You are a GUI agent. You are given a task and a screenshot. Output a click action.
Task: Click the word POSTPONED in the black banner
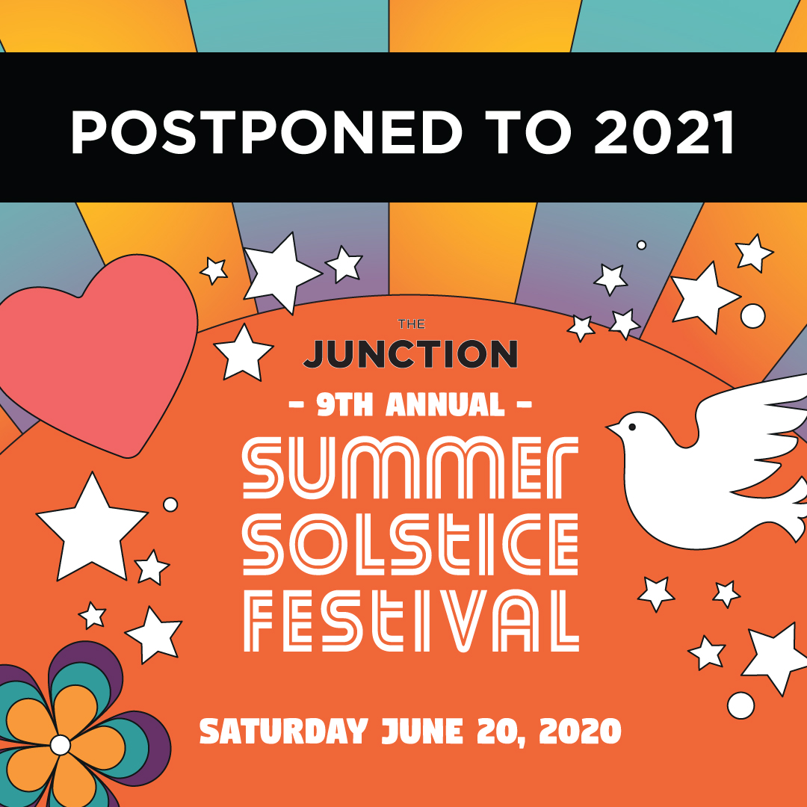click(x=265, y=132)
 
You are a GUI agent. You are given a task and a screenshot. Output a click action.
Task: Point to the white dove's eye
click(x=632, y=427)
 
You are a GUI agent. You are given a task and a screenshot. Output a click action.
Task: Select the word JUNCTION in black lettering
click(x=410, y=353)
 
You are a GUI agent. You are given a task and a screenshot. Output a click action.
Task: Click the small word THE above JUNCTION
click(x=411, y=324)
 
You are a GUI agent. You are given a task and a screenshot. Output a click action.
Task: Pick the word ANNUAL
click(x=445, y=406)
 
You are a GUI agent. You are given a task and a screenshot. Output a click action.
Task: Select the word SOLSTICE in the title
click(x=410, y=543)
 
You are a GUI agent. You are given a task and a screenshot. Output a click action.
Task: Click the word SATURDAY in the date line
click(x=284, y=731)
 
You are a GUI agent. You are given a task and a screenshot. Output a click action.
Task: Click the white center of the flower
click(x=60, y=744)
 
